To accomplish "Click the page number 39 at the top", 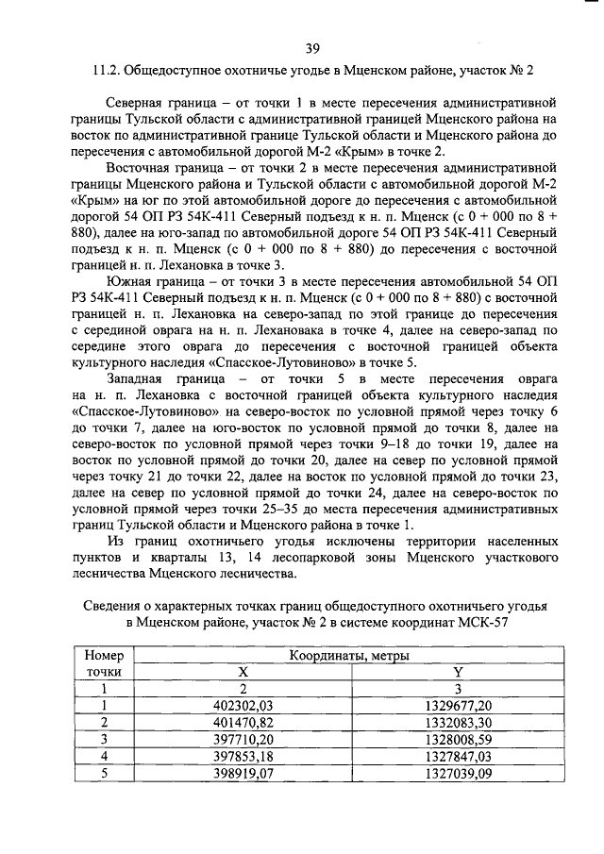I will point(312,50).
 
